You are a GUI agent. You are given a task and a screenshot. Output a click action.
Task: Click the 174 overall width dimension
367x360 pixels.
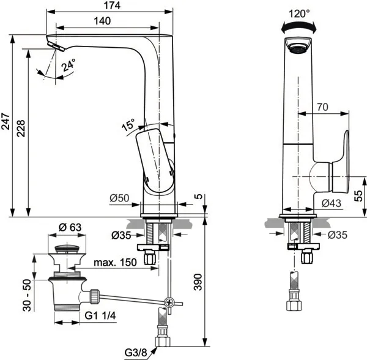(112, 6)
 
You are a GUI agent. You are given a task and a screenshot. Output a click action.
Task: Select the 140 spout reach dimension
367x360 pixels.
(102, 21)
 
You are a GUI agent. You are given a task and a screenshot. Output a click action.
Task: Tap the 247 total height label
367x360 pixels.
(6, 121)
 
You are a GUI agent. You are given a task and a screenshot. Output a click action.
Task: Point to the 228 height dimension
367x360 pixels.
(21, 129)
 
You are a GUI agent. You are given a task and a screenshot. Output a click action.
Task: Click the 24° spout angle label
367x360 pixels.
(69, 65)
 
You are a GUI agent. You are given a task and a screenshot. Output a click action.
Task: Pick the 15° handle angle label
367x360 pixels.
(128, 124)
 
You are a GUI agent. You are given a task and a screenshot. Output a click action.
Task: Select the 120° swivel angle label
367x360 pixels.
(299, 13)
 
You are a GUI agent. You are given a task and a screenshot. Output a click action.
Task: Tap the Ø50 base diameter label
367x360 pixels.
(119, 198)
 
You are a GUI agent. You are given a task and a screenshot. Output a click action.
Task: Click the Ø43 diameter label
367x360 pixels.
(331, 203)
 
